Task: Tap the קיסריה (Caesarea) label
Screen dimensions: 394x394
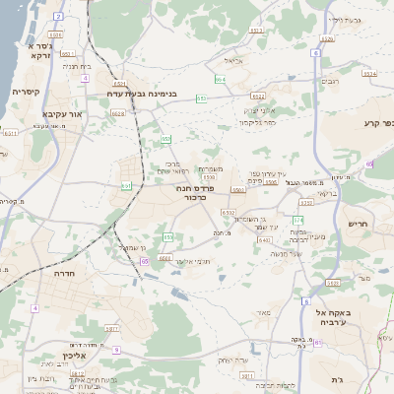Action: pyautogui.click(x=24, y=92)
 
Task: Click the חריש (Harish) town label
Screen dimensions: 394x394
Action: pyautogui.click(x=357, y=224)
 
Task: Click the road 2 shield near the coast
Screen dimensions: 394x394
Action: pyautogui.click(x=58, y=17)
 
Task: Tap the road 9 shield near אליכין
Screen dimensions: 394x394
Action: pyautogui.click(x=116, y=350)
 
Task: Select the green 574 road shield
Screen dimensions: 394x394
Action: pyautogui.click(x=368, y=75)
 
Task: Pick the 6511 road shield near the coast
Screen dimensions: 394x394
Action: pyautogui.click(x=65, y=55)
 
